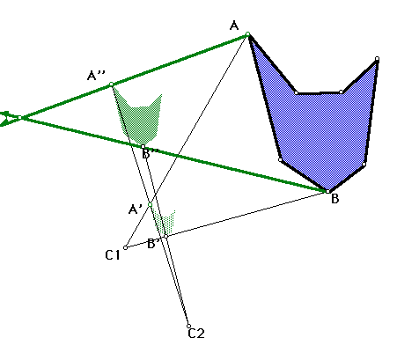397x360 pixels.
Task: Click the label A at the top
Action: pos(234,26)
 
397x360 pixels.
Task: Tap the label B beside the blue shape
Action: pos(335,199)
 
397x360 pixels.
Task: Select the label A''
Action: pos(96,76)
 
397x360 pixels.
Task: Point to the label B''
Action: pos(151,153)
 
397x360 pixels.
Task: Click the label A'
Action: pos(136,209)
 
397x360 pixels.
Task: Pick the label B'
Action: pos(153,244)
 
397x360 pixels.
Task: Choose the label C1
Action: pos(113,255)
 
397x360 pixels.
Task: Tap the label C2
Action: pos(196,334)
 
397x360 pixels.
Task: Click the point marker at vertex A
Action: pos(248,34)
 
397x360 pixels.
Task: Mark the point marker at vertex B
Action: pos(327,191)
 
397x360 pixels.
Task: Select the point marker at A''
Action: pos(111,84)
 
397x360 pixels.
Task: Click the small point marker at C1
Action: pos(126,247)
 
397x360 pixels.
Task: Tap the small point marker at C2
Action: pos(188,326)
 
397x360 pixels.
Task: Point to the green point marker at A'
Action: pos(150,204)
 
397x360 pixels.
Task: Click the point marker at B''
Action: pos(143,146)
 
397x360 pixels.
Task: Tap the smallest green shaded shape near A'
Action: pos(165,223)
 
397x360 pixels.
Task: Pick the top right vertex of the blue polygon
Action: pos(377,59)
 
